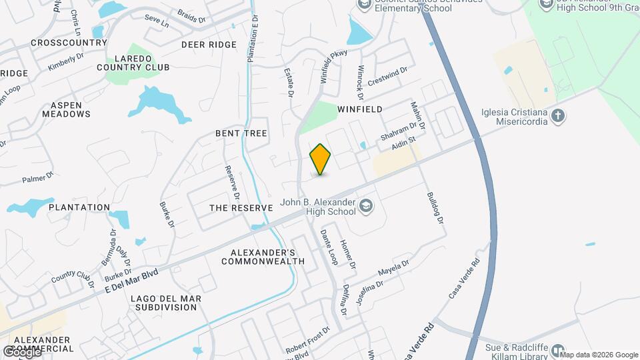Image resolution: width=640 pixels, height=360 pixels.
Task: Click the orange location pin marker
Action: [321, 159]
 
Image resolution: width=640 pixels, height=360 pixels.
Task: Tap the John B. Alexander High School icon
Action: [365, 206]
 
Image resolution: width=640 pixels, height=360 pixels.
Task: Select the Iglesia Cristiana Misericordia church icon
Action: [559, 116]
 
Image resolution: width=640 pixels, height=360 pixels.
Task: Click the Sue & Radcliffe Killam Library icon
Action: [558, 349]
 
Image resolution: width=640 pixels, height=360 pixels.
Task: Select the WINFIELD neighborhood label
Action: [359, 109]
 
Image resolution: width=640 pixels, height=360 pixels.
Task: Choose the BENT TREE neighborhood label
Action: [241, 133]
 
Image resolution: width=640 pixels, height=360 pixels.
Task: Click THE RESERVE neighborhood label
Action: [241, 208]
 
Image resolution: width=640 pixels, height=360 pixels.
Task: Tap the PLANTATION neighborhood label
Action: [79, 207]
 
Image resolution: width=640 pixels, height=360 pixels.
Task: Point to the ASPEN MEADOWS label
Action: [66, 109]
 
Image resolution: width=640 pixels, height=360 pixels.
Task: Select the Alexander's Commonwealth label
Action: [263, 257]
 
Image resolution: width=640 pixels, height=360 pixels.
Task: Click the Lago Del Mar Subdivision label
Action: [166, 302]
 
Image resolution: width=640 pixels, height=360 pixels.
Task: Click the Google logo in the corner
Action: [21, 351]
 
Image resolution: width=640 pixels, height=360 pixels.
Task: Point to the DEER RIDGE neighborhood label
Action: [209, 45]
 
